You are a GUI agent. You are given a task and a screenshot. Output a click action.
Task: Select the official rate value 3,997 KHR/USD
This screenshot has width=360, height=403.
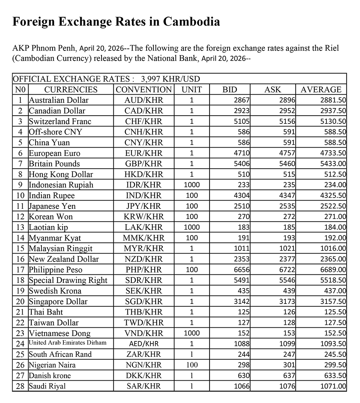coord(171,79)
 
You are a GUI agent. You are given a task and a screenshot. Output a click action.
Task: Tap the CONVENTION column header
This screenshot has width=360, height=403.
coord(144,89)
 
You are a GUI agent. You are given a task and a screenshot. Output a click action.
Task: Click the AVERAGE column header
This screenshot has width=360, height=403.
coord(321,89)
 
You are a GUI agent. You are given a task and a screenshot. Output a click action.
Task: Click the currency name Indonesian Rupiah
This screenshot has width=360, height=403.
coord(61,185)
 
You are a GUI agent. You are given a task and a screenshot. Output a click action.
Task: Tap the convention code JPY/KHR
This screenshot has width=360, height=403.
coord(144,206)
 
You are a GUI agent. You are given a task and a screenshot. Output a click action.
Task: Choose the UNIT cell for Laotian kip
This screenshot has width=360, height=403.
coord(192,227)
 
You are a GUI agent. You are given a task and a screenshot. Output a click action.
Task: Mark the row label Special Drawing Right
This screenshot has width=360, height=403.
coord(68,280)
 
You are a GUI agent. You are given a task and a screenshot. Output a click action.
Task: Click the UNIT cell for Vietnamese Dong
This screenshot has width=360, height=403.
coord(192,333)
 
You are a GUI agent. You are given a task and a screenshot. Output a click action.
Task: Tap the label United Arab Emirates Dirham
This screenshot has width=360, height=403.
coord(68,343)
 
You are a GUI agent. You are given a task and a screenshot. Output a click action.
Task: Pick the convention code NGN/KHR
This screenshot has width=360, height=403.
coord(144,365)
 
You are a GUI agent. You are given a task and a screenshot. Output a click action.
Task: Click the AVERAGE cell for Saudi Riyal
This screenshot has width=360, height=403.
coord(333,386)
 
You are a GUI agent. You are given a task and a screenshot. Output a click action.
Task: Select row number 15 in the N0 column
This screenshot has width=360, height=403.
coord(21,248)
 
